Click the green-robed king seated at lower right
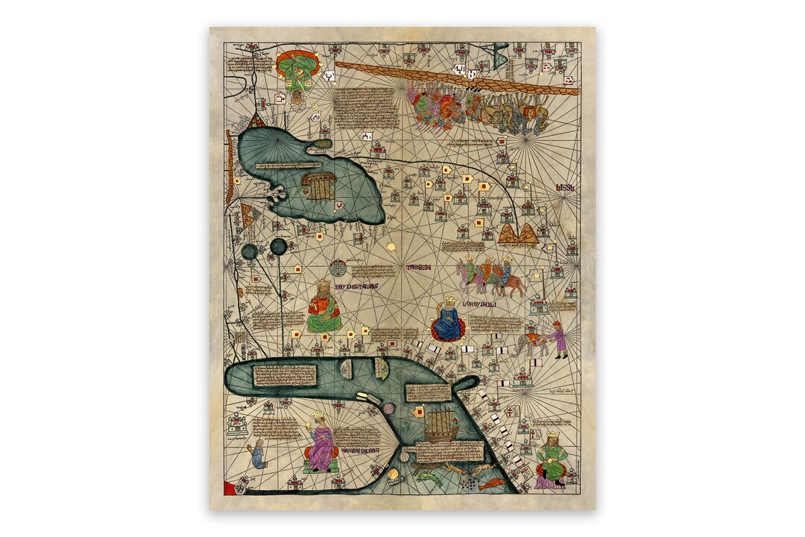552,460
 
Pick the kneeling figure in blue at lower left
257,454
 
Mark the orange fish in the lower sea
491,485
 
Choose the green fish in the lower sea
430,478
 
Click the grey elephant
531,343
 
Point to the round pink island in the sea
388,409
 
